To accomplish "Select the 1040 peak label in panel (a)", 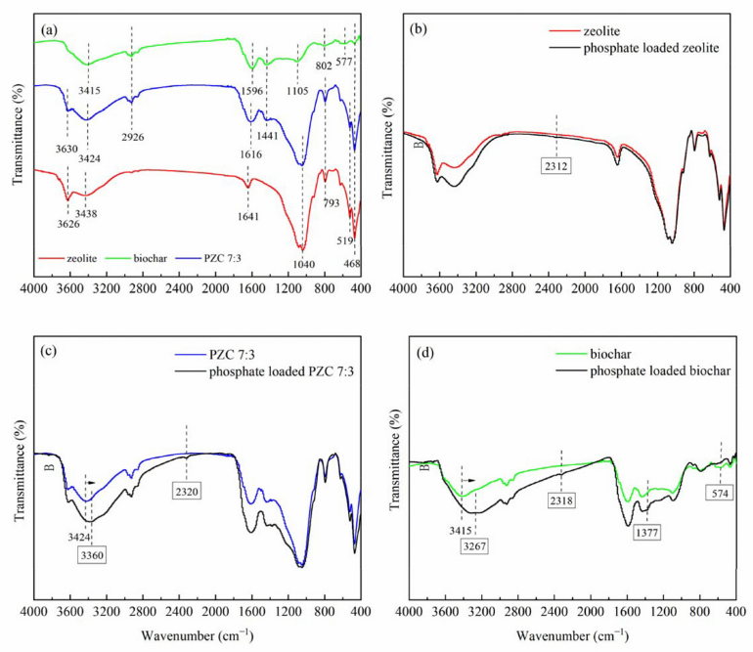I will pos(302,261).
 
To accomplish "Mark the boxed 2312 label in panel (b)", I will pos(556,166).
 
